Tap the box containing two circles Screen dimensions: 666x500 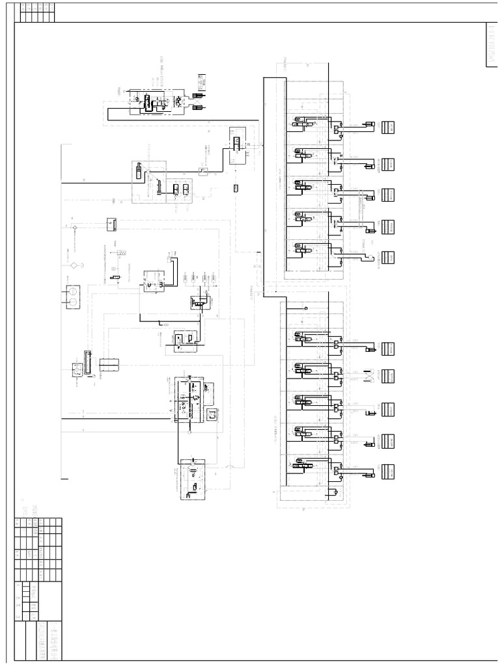pos(74,297)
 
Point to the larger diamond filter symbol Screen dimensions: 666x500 pos(74,265)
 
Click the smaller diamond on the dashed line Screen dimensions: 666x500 pos(75,226)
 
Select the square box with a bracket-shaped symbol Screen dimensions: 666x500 pos(212,414)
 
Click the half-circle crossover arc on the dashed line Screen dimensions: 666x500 pos(229,469)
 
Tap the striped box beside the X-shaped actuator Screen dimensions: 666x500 pos(389,377)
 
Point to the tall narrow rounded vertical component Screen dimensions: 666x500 pos(86,361)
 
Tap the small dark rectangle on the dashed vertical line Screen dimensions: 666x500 pos(236,188)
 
